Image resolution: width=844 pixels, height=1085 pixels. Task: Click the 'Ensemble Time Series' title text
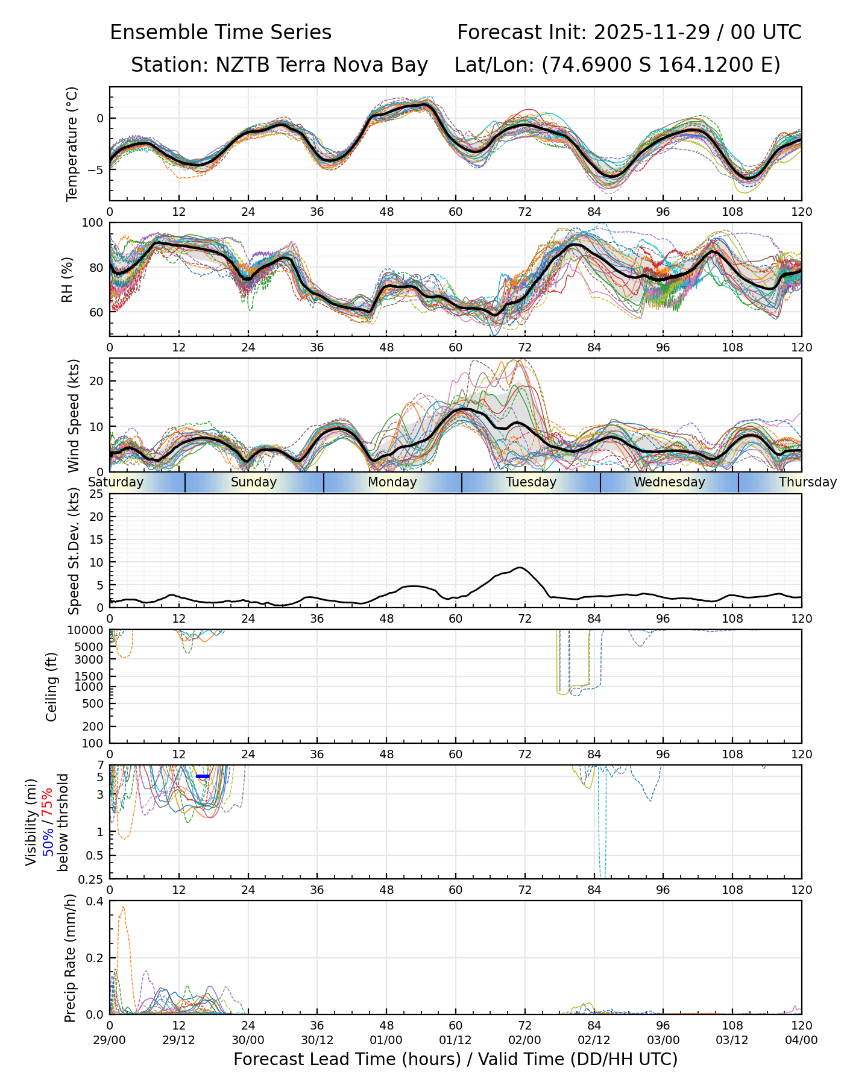(x=221, y=33)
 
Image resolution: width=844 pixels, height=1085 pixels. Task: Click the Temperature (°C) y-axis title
(x=72, y=143)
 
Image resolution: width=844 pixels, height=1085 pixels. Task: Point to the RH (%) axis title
(x=67, y=279)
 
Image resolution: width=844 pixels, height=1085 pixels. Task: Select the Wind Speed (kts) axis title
(x=74, y=415)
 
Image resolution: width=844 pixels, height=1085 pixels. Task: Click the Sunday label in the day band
(x=254, y=482)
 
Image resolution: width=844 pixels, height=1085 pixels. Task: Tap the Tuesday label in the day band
(x=531, y=482)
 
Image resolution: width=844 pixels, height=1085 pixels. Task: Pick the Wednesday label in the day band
(x=669, y=482)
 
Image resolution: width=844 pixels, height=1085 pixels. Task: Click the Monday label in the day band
(x=392, y=482)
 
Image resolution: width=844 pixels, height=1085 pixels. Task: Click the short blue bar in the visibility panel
(x=203, y=776)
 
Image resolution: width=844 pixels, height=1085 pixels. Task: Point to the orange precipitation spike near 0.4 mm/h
(x=123, y=907)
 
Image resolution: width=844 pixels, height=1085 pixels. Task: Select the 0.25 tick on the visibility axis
(x=92, y=878)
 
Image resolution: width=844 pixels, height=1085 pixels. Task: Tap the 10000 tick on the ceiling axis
(x=89, y=630)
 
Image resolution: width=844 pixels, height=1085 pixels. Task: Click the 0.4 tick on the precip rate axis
(x=96, y=901)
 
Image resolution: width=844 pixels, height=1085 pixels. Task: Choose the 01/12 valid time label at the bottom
(x=456, y=1040)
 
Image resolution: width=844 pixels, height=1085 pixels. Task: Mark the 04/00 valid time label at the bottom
(x=801, y=1040)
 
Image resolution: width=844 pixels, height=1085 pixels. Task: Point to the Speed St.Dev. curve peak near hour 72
(x=520, y=567)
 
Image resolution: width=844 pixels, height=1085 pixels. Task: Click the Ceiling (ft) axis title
(x=52, y=687)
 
